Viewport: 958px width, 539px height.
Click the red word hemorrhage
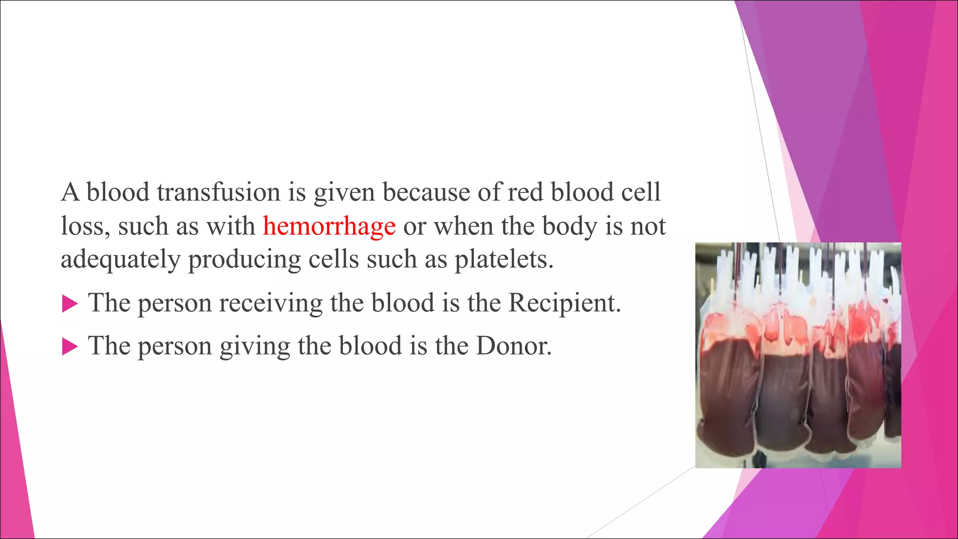[x=329, y=226]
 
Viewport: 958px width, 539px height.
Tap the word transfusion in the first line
[x=218, y=192]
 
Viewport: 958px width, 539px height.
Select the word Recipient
[x=564, y=303]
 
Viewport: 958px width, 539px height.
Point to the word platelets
[x=504, y=260]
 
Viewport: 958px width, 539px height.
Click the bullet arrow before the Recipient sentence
[x=70, y=304]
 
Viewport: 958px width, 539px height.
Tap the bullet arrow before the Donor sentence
[x=70, y=347]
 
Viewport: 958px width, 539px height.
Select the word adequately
[x=120, y=260]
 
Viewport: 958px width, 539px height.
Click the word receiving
[x=271, y=303]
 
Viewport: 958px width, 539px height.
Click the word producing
[x=244, y=260]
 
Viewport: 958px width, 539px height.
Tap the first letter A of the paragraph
[x=70, y=192]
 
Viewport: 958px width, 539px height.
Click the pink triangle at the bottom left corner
[x=14, y=468]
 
